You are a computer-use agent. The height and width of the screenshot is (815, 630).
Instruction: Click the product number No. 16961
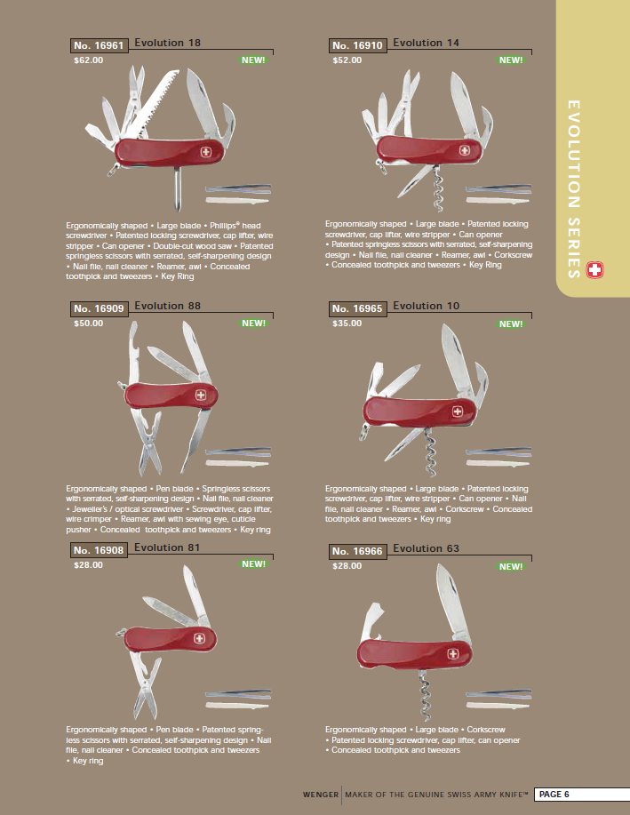click(99, 45)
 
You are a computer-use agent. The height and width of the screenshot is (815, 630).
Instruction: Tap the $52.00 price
click(347, 60)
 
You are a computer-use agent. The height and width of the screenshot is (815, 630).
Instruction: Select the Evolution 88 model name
click(167, 306)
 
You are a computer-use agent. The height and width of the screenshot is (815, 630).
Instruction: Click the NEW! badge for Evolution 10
click(511, 324)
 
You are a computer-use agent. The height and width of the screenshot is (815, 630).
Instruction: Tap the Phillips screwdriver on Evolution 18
click(178, 188)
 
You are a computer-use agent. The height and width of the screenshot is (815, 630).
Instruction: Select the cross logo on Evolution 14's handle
click(465, 151)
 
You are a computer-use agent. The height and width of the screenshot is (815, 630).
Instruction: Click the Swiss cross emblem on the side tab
click(594, 270)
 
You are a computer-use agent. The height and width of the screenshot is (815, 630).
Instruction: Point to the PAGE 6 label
click(554, 795)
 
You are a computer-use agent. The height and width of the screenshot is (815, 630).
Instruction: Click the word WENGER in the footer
click(320, 795)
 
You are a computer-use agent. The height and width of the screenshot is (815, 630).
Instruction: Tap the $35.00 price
click(347, 324)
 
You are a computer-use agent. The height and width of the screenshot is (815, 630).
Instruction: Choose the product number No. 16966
click(357, 551)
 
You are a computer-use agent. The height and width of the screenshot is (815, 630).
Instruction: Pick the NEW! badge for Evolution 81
click(253, 564)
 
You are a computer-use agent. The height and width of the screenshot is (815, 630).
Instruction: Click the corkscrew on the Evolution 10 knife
click(430, 451)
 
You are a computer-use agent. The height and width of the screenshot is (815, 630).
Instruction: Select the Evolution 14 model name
click(427, 43)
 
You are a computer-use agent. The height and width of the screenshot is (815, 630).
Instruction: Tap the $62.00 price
click(88, 60)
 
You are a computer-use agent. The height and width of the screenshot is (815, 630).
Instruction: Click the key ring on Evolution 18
click(113, 170)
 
